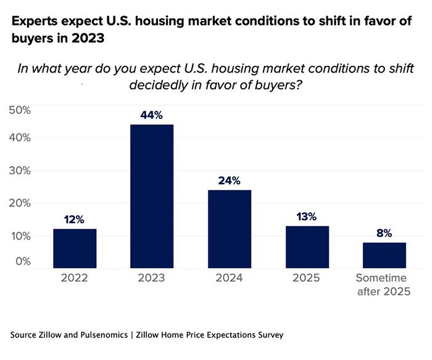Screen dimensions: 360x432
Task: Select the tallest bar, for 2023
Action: pos(152,196)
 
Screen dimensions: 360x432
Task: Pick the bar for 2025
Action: pos(307,246)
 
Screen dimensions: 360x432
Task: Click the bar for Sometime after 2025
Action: pos(384,255)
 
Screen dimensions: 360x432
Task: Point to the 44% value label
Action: pos(152,115)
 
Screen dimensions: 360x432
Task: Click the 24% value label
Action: pos(230,181)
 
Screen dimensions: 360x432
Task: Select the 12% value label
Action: pos(75,219)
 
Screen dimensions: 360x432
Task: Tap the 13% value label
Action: pos(307,216)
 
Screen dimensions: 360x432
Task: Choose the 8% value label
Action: pos(384,234)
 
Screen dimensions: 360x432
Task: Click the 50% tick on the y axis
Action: pos(19,110)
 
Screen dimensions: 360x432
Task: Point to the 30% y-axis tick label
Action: pos(19,170)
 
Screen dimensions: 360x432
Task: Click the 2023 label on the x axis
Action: pos(152,277)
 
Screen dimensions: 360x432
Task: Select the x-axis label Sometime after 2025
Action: pos(384,284)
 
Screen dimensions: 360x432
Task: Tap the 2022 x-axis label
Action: pos(75,277)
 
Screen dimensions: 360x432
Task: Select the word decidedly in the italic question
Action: pos(162,85)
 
